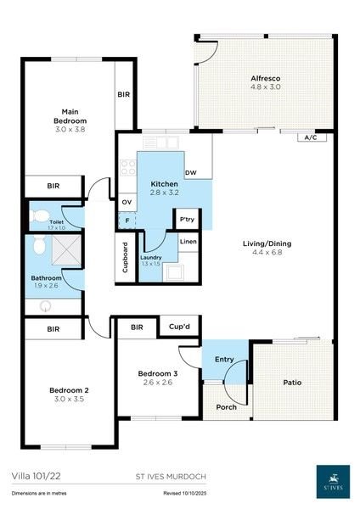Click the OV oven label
127,201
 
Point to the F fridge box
127,221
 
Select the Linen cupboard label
188,243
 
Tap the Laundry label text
152,256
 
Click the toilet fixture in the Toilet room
39,216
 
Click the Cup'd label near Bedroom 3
178,326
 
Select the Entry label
223,360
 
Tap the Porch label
227,406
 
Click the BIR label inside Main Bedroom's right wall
124,94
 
